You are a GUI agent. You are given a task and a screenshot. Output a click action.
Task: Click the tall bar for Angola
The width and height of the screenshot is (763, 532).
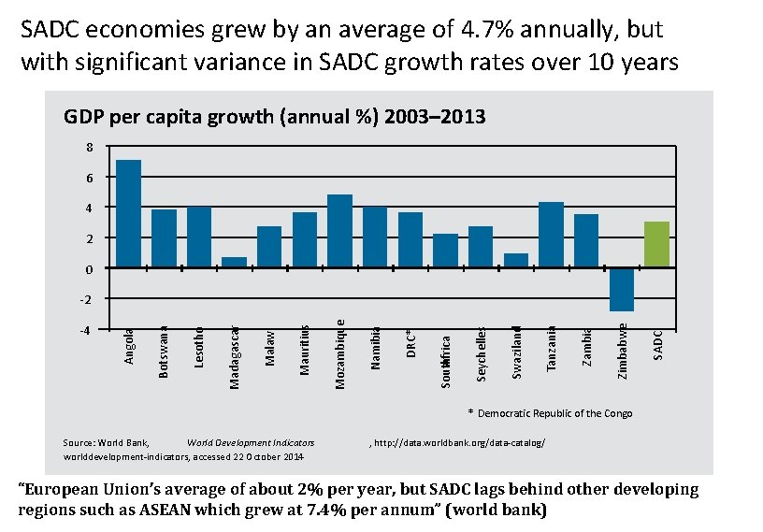pyautogui.click(x=128, y=214)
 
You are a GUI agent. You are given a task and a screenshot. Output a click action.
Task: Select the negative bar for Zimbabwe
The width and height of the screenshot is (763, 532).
pyautogui.click(x=622, y=289)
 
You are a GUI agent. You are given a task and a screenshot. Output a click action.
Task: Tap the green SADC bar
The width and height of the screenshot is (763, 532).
pyautogui.click(x=657, y=245)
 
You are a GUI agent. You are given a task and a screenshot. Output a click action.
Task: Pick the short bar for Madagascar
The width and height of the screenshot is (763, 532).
pyautogui.click(x=234, y=263)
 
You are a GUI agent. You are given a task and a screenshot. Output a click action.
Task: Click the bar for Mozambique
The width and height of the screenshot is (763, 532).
pyautogui.click(x=339, y=231)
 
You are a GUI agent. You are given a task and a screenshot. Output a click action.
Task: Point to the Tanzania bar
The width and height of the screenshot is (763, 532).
pyautogui.click(x=551, y=235)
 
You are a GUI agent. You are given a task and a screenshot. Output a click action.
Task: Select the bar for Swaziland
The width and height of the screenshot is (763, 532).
pyautogui.click(x=516, y=261)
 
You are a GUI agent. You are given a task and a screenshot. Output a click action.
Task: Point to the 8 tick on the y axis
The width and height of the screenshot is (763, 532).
pyautogui.click(x=89, y=147)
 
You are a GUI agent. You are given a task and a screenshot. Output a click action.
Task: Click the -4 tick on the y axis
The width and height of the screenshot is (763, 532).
pyautogui.click(x=87, y=330)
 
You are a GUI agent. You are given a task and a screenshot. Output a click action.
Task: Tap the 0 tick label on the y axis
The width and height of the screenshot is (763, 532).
pyautogui.click(x=89, y=269)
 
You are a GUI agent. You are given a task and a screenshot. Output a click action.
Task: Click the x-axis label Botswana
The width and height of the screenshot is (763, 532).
pyautogui.click(x=165, y=351)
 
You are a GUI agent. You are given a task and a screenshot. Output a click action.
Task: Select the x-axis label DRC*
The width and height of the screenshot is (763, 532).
pyautogui.click(x=411, y=342)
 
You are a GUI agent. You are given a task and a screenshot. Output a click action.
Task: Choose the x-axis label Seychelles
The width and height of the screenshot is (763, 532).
pyautogui.click(x=482, y=352)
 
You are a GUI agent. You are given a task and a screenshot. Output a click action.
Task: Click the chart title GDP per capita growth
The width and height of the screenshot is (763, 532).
pyautogui.click(x=274, y=117)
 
